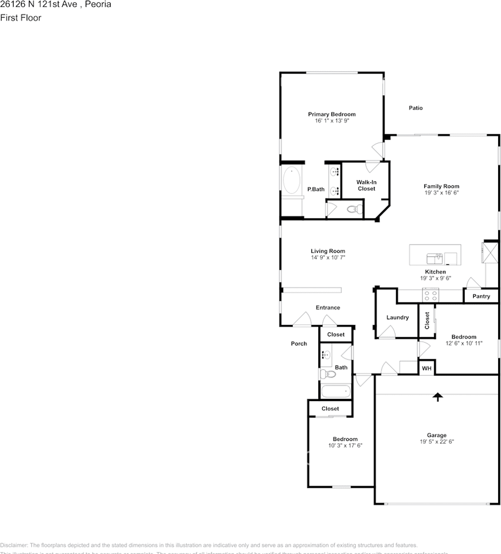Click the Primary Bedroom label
(332, 114)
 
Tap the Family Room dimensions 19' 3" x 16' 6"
(441, 193)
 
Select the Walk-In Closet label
(366, 185)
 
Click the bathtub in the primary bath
(291, 181)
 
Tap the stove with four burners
(431, 295)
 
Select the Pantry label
(481, 297)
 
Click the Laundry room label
(397, 317)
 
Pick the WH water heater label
(427, 368)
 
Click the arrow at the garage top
(438, 396)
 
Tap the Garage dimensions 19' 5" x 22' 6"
(436, 442)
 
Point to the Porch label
(299, 343)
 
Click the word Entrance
(327, 308)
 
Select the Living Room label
(328, 251)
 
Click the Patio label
(416, 108)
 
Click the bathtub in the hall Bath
(336, 391)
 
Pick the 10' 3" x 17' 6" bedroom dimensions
(345, 446)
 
